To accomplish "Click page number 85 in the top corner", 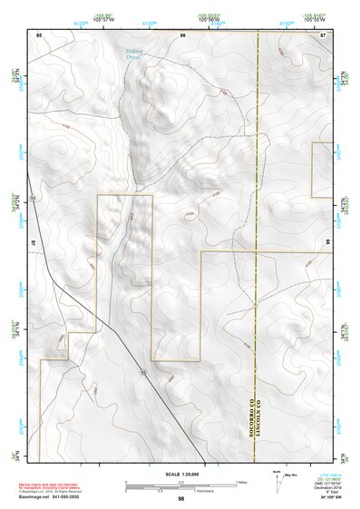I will tap(38, 34).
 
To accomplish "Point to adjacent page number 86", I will tap(182, 34).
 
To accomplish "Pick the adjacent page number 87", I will tap(324, 34).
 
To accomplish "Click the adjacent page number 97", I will tap(34, 244).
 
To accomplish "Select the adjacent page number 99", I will tap(327, 244).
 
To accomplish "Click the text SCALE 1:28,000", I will tap(180, 474).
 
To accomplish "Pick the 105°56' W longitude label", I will tap(182, 20).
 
